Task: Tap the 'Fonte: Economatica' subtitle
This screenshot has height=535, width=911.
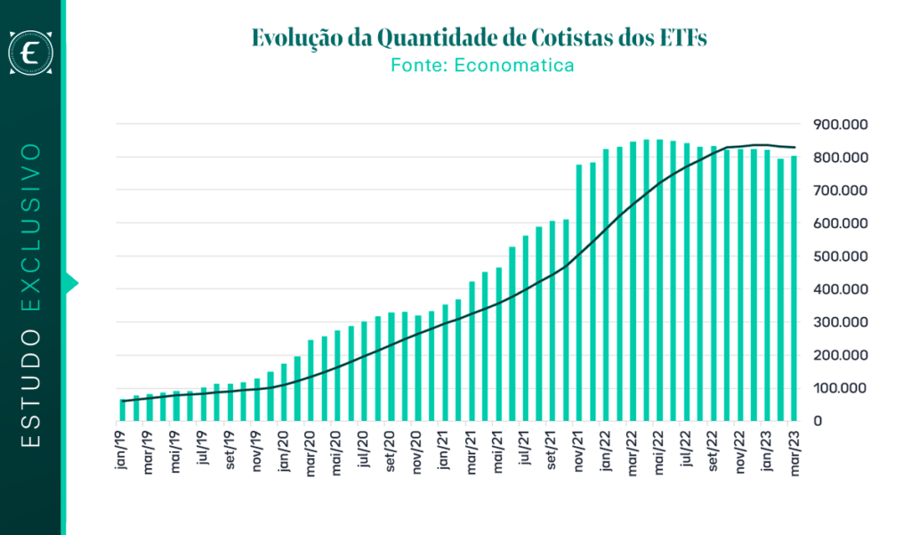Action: pos(481,65)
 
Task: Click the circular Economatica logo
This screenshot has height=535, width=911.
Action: pos(31,53)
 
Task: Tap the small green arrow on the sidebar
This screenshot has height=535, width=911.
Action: pos(72,283)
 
